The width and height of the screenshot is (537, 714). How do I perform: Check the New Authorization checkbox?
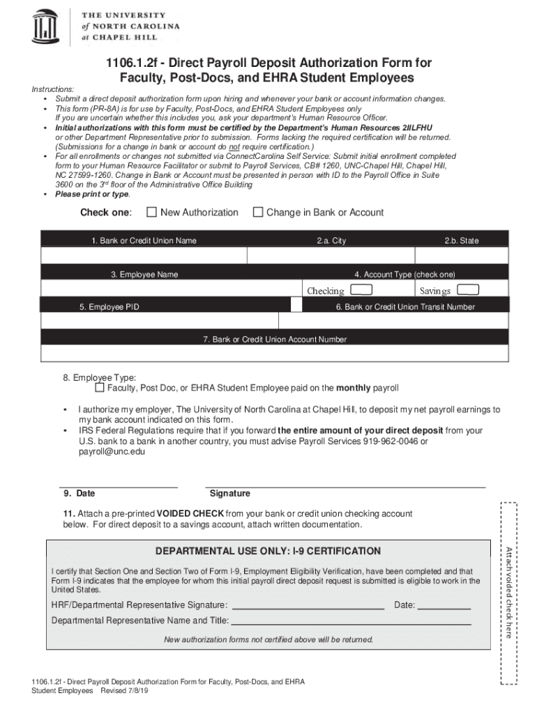point(151,212)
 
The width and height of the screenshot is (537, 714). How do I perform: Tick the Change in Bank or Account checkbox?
point(257,212)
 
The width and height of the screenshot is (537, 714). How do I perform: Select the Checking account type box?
point(361,290)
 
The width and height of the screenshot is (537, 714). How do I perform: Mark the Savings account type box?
point(467,290)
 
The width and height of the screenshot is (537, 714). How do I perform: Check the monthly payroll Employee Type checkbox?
point(100,387)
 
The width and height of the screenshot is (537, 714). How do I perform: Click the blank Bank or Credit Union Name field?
point(144,256)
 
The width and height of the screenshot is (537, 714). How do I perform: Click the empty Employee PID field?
point(160,321)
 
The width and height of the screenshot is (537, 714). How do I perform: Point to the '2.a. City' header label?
point(331,241)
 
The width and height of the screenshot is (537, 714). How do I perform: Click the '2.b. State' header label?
point(461,241)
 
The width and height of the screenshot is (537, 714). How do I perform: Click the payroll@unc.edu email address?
point(112,452)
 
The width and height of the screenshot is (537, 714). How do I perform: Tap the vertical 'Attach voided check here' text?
point(509,593)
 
